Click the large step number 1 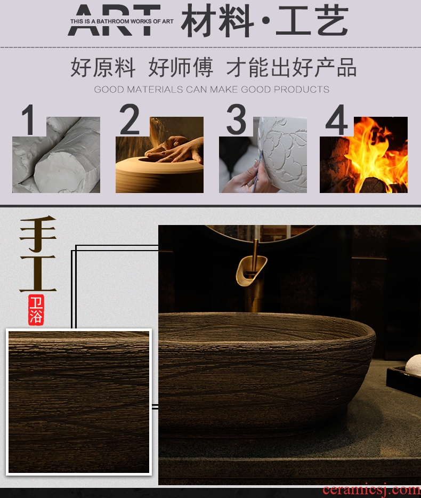point(29,120)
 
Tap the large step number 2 point(129,119)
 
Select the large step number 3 point(237,119)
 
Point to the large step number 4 point(337,120)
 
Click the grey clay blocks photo point(56,155)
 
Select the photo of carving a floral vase point(263,155)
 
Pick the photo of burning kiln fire point(363,155)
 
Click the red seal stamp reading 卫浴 point(36,310)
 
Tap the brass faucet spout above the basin point(252,268)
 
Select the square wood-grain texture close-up point(79,402)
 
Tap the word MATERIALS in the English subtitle point(155,90)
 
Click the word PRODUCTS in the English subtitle point(301,90)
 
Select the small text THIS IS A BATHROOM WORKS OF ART point(122,21)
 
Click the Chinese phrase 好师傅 point(181,67)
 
